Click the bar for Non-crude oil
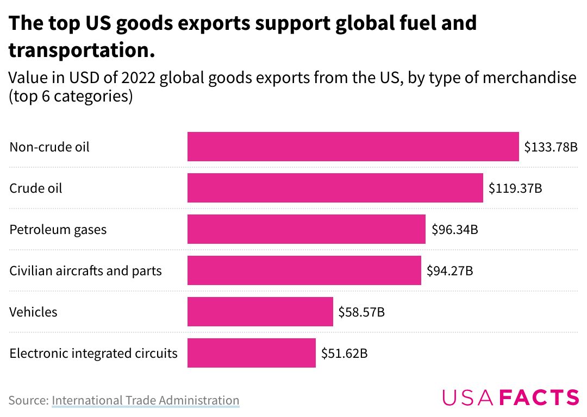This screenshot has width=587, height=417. coord(353,147)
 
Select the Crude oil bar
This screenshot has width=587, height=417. coord(335,188)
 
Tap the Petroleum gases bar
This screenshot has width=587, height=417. coord(306,229)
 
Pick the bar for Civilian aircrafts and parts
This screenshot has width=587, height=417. coord(304,270)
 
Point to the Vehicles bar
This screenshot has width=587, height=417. coord(260,312)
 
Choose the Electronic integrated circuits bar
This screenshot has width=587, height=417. coord(252,353)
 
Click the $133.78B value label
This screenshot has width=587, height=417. coord(551,147)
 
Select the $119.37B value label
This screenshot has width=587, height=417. coord(515,188)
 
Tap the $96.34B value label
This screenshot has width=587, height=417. coord(455,229)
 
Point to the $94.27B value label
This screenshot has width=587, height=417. coord(450,271)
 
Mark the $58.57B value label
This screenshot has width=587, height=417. coord(361,312)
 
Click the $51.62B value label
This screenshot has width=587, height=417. coord(345,353)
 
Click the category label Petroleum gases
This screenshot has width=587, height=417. coord(58,230)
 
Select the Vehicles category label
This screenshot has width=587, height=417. coord(33,312)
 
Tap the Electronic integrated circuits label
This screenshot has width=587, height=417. coord(93,353)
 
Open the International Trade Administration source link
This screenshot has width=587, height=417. coord(146,400)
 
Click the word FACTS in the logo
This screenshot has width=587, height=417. coord(540,397)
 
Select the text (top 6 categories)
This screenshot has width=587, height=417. coord(71,97)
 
